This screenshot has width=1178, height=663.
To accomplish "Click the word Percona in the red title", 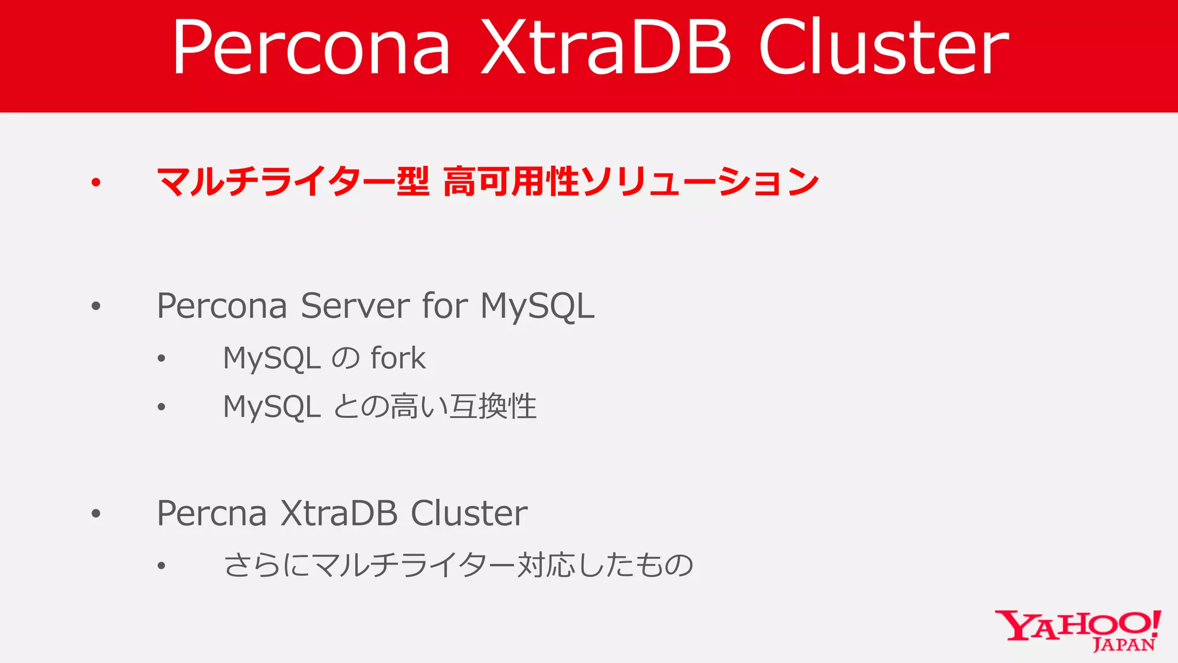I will coord(311,47).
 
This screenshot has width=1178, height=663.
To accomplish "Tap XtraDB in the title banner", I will coord(606,47).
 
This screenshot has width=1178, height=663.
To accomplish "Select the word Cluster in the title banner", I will coord(883,47).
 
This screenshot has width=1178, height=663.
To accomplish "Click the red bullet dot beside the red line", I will coord(96,182).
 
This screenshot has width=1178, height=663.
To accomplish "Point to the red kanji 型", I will coord(413,181).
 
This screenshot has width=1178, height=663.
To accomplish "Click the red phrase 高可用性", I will coord(511,181).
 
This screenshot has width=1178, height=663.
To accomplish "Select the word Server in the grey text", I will coord(355,306).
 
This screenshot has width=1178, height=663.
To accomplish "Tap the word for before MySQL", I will coord(445,306).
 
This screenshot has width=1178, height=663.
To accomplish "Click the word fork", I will coord(398,358).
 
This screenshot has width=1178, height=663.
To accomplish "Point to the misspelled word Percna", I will coord(212,513).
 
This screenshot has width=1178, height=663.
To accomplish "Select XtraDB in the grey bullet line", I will coord(339,513).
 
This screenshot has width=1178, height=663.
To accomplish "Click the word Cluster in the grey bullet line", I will coord(469,513).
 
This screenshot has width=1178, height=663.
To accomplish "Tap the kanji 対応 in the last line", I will coord(546,565).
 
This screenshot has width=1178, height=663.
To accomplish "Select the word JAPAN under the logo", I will coord(1123,645).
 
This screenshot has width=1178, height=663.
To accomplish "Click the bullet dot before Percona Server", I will coord(96,306).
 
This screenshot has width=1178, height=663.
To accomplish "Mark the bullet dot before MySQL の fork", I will coord(162,359).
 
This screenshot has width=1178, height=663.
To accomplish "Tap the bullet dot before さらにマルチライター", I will coord(162,566).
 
